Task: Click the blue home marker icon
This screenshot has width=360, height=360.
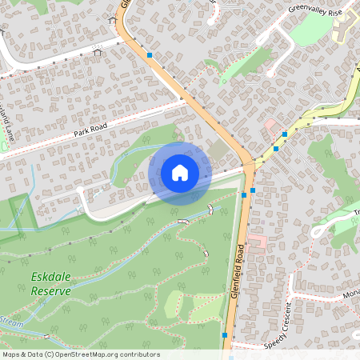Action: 180,173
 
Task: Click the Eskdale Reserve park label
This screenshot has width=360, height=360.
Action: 50,284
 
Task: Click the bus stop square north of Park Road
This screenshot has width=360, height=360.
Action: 150,55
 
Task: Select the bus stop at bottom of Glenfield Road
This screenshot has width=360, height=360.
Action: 227,334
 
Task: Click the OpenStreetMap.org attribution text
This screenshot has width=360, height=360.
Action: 108,354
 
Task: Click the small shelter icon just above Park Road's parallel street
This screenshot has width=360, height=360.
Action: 98,54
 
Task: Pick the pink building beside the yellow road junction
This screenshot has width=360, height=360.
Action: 272,126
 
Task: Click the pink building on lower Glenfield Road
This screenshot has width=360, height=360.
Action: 258,242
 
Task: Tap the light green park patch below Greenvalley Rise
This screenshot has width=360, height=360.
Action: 310,30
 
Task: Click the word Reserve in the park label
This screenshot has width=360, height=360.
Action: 50,291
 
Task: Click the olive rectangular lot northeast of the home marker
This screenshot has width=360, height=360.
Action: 218,150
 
